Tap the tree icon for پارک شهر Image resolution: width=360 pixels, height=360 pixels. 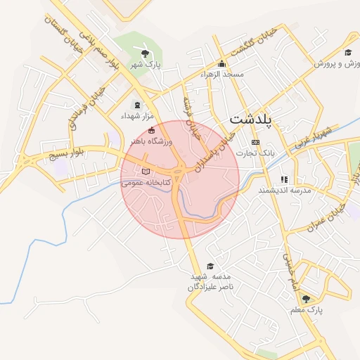[x=145, y=53]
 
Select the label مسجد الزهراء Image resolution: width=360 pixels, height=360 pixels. [x=221, y=74]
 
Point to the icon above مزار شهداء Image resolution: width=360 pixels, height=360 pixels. [x=136, y=105]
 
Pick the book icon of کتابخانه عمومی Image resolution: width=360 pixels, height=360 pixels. [x=146, y=171]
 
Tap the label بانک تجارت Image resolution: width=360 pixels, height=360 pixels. [x=255, y=152]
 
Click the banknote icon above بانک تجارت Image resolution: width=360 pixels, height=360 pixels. [x=255, y=142]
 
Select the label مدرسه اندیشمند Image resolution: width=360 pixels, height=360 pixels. [x=285, y=190]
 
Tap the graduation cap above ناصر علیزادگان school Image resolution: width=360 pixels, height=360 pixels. [x=210, y=266]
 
